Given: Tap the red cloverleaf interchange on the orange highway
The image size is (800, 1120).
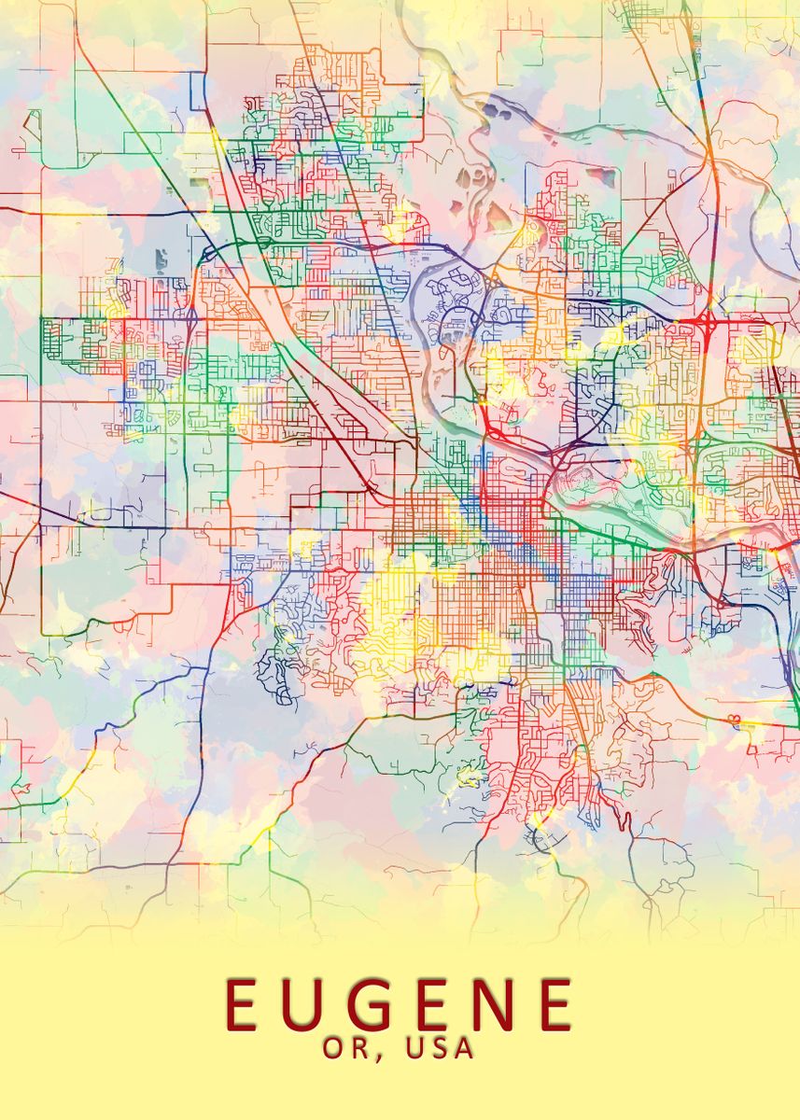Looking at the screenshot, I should (x=701, y=326).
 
